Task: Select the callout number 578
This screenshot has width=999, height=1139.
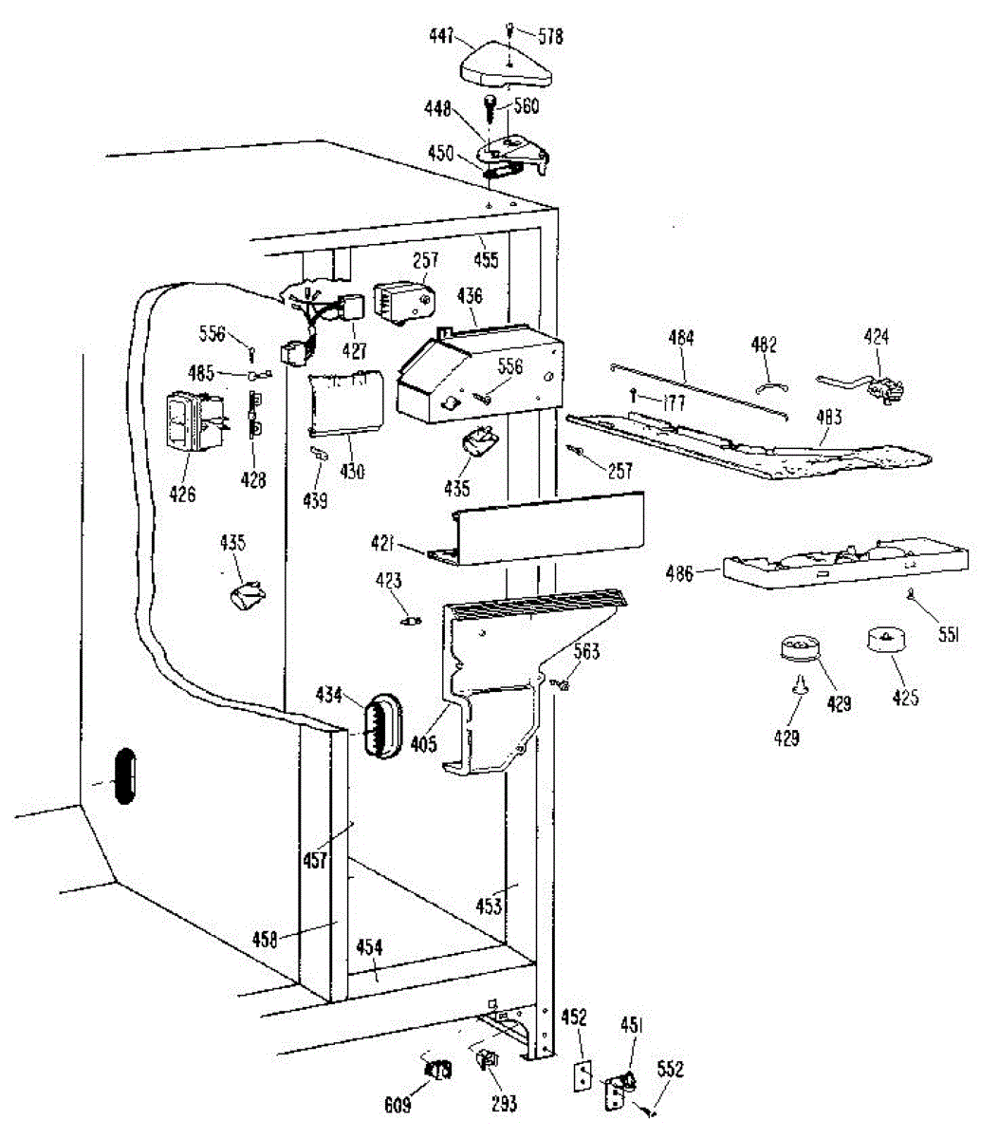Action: [x=550, y=36]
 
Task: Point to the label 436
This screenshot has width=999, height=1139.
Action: [x=470, y=297]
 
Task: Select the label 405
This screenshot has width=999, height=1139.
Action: [x=424, y=743]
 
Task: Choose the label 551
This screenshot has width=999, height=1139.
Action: [x=949, y=636]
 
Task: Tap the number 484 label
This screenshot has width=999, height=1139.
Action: [x=681, y=338]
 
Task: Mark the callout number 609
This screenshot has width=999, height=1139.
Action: [x=398, y=1105]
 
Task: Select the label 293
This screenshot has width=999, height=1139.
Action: [x=504, y=1103]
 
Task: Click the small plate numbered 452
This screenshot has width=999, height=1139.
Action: [x=582, y=1075]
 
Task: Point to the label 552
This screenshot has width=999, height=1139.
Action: [x=671, y=1070]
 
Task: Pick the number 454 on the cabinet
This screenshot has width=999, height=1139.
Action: [x=369, y=947]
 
